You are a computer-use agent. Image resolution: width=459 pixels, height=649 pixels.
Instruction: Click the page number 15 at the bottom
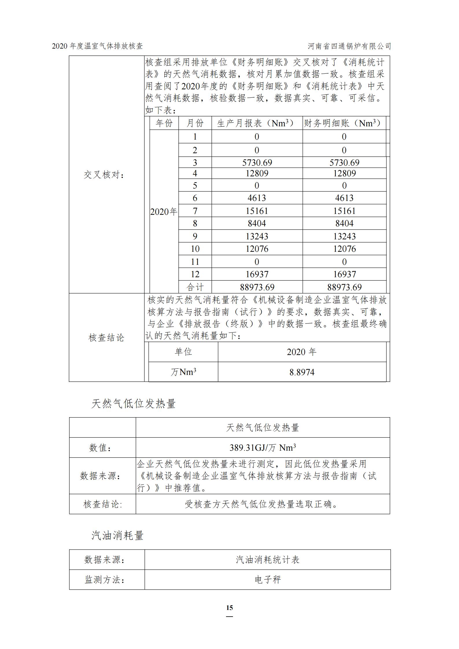pos(229,607)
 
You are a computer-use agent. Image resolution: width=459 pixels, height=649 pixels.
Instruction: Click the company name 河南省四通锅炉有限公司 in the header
pos(349,46)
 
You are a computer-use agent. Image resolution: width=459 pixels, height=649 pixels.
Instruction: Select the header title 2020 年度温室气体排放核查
pos(97,46)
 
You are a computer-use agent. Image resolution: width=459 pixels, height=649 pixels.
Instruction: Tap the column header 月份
pos(195,123)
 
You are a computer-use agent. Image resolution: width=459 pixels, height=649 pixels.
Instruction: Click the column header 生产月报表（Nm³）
pos(257,123)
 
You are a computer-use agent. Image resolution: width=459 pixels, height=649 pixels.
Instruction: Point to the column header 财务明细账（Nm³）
pos(344,123)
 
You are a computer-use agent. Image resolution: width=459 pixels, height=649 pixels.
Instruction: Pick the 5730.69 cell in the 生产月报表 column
pos(257,162)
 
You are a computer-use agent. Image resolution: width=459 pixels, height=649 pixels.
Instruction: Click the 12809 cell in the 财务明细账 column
pos(344,173)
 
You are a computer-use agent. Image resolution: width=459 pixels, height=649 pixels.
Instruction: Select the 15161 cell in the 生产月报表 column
pos(257,211)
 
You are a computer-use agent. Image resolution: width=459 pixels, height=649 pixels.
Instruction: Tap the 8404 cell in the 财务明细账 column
pos(344,223)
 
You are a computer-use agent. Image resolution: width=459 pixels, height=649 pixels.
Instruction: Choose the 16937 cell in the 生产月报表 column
pos(257,274)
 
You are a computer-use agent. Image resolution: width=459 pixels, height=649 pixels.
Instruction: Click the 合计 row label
pos(195,287)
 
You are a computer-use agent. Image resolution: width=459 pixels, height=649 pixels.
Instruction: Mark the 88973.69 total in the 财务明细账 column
pos(344,287)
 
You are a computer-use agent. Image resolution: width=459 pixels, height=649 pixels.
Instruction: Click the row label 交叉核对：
pos(104,175)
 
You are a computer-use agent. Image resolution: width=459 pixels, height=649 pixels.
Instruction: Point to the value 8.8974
pos(302,372)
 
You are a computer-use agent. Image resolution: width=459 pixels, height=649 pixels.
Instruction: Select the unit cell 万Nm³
pos(183,372)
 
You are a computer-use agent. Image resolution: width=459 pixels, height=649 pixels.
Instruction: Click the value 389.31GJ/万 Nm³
pos(262,448)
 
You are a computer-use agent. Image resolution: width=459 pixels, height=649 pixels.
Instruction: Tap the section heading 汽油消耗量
pos(117,536)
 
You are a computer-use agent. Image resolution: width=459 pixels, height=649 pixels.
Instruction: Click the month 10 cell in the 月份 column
pos(195,249)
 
